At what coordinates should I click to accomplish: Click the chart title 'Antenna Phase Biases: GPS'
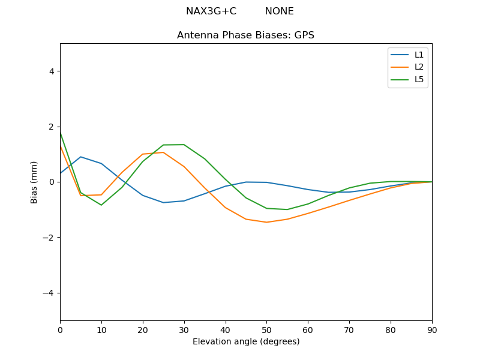[245, 35]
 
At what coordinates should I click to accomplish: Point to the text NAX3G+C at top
[211, 11]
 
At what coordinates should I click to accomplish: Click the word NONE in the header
[279, 11]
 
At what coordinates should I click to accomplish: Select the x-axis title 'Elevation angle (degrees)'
[245, 342]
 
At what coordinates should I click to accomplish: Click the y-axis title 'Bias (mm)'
[34, 182]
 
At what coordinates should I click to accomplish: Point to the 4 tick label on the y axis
[51, 71]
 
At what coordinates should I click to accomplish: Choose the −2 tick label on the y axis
[49, 237]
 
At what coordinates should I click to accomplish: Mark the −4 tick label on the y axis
[49, 293]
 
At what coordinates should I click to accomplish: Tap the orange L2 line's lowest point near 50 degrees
[266, 222]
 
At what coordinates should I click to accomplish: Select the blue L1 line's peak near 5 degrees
[80, 157]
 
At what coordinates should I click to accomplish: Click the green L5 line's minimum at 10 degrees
[101, 205]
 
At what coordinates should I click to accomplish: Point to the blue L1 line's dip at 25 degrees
[163, 202]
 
